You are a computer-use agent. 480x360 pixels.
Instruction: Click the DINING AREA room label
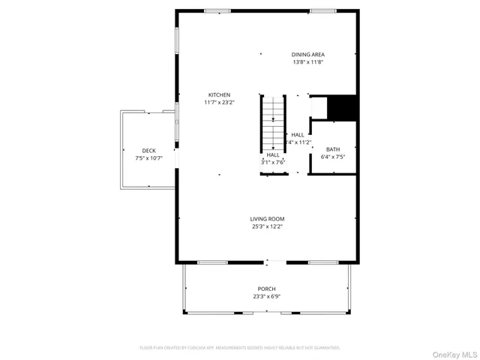click(x=313, y=55)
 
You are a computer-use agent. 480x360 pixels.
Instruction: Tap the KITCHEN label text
click(x=219, y=94)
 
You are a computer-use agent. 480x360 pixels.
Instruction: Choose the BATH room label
click(x=332, y=149)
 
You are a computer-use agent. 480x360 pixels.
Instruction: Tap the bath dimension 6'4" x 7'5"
click(x=332, y=157)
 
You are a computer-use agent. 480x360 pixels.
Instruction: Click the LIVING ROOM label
click(x=268, y=218)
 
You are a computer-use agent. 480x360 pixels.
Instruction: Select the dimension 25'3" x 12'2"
click(x=268, y=226)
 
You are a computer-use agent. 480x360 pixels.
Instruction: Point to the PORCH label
click(x=267, y=289)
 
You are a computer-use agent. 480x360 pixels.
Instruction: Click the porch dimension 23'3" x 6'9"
click(x=267, y=296)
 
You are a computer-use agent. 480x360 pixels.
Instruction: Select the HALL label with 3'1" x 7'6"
click(x=273, y=154)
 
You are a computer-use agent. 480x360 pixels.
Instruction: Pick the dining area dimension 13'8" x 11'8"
click(x=313, y=62)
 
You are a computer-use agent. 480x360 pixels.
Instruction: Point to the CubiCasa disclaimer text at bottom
click(x=240, y=348)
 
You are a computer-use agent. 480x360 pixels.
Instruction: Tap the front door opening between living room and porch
click(x=275, y=262)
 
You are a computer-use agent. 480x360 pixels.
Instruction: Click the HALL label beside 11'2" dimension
click(x=298, y=134)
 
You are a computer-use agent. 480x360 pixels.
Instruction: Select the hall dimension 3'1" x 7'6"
click(x=273, y=162)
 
